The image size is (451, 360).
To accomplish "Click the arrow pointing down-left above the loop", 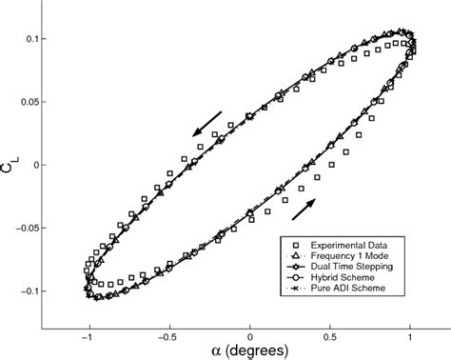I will pos(206,124).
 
